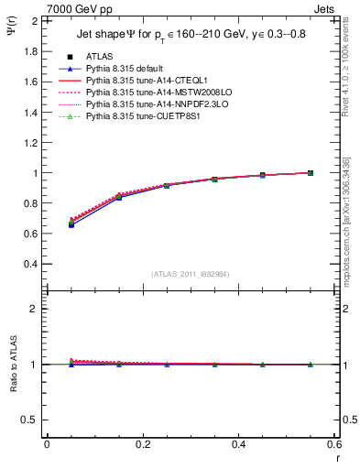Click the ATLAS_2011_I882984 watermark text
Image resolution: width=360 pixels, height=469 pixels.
point(190,274)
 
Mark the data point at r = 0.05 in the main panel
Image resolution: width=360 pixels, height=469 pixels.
point(71,224)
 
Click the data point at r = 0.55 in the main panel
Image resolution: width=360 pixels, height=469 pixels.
point(311,172)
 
